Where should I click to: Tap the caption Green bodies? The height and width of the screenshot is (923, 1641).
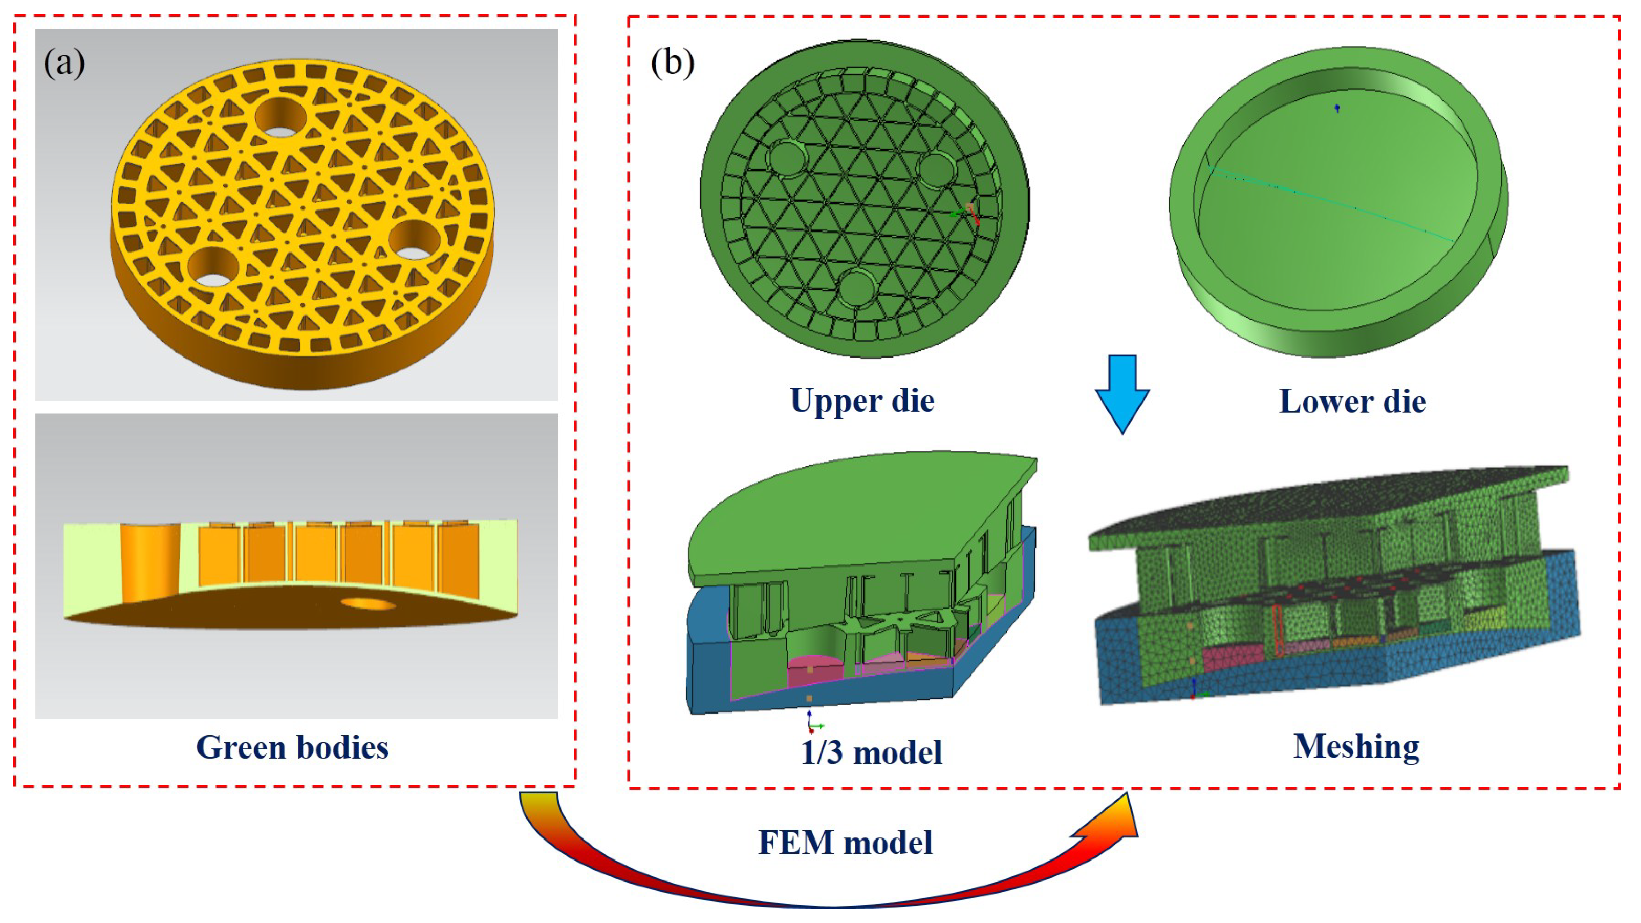pos(292,747)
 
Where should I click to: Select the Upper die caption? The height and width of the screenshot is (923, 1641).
pos(862,401)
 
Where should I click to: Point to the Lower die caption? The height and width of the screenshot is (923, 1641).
pos(1352,402)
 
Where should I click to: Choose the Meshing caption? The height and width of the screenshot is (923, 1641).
pos(1357,746)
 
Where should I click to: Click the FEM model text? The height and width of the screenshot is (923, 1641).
pos(845,843)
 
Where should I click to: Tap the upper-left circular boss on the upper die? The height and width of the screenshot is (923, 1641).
pos(788,161)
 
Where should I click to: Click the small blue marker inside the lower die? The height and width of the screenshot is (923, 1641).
pos(1337,109)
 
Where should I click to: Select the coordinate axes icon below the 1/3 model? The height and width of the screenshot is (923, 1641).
pos(812,723)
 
